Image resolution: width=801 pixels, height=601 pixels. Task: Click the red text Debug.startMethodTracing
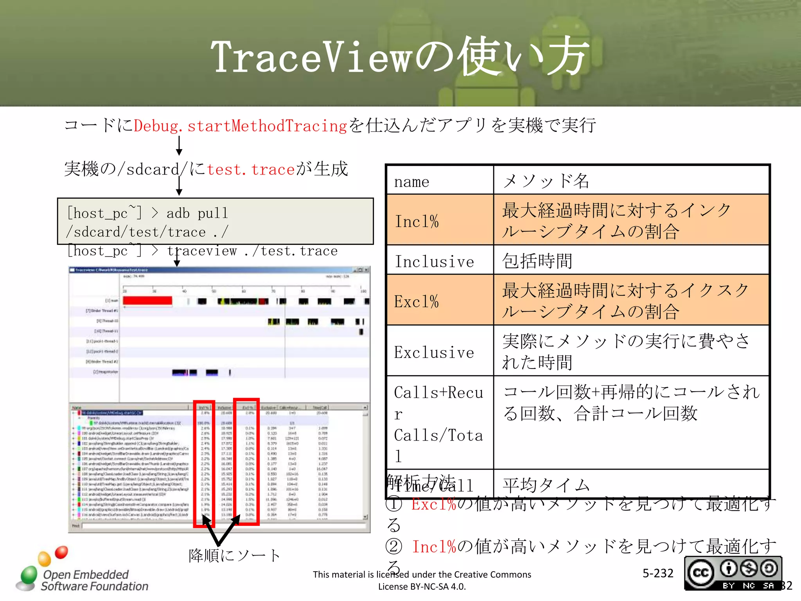pyautogui.click(x=240, y=126)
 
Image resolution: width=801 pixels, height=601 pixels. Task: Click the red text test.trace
pyautogui.click(x=250, y=169)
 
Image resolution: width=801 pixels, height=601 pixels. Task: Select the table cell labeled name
pyautogui.click(x=440, y=181)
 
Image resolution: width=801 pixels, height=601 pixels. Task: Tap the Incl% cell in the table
pyautogui.click(x=440, y=221)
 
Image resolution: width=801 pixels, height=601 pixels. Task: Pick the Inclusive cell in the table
pyautogui.click(x=440, y=261)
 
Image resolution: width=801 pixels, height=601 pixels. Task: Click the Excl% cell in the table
pyautogui.click(x=440, y=301)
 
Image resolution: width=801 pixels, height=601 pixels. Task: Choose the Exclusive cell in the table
pyautogui.click(x=440, y=351)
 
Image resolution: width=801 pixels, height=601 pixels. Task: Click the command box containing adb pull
pyautogui.click(x=215, y=222)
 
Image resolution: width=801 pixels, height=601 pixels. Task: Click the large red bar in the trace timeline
pyautogui.click(x=147, y=300)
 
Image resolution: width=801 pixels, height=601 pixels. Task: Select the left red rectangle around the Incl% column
pyautogui.click(x=204, y=464)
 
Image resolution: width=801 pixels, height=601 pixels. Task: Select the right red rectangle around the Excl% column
pyautogui.click(x=246, y=462)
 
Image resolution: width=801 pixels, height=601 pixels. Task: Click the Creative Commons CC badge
pyautogui.click(x=732, y=573)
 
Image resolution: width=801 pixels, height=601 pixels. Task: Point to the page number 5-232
pyautogui.click(x=658, y=573)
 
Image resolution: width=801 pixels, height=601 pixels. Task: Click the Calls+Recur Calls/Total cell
pyautogui.click(x=440, y=423)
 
